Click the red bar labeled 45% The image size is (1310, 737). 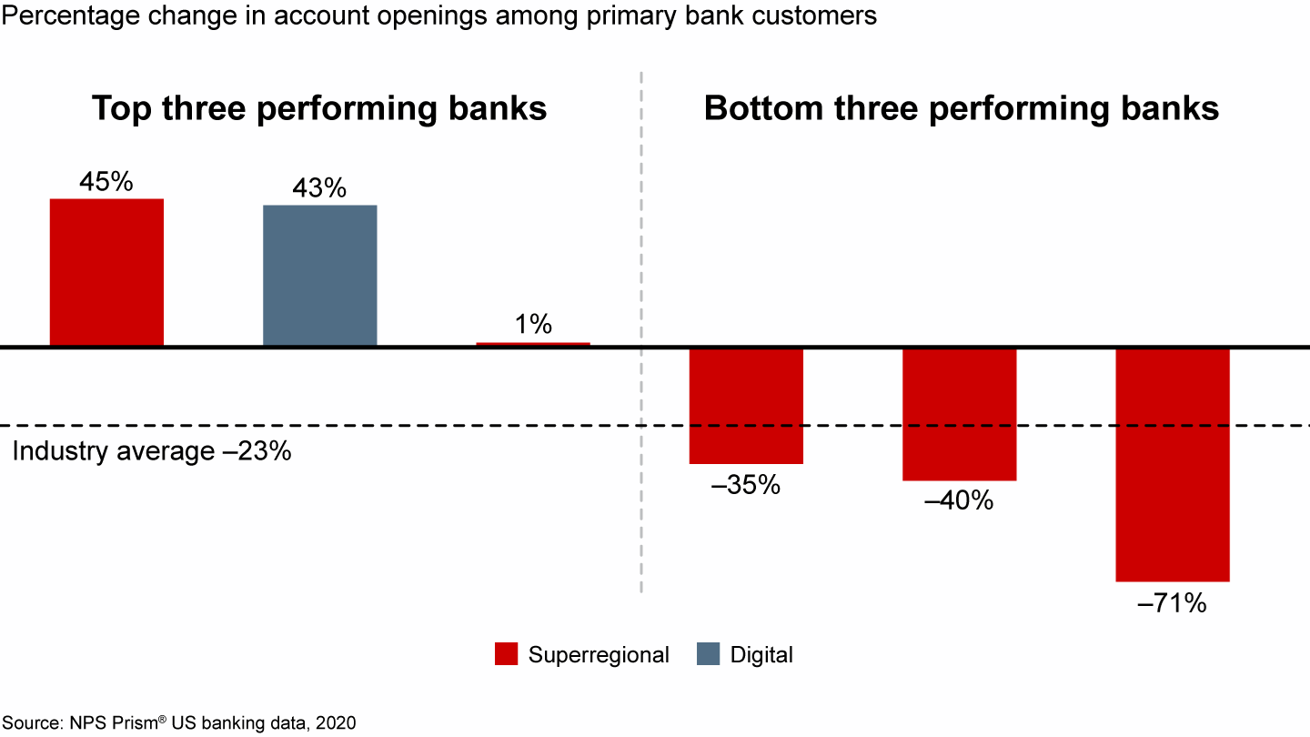(x=106, y=272)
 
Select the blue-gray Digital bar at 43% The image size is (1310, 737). (x=320, y=276)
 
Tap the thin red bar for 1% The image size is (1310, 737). (x=533, y=344)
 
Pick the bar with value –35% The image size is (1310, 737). (x=746, y=407)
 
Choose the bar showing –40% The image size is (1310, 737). (x=960, y=415)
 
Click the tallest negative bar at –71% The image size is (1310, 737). (x=1173, y=465)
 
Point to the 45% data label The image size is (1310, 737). (x=106, y=181)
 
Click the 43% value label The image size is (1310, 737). (x=319, y=187)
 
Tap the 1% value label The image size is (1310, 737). (x=533, y=324)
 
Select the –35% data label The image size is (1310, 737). (x=746, y=484)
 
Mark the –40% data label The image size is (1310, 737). (x=959, y=500)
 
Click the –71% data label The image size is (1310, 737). (x=1172, y=602)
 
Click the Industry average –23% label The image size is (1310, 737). (x=151, y=451)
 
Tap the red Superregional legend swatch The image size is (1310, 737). (x=506, y=654)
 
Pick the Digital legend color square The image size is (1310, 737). (x=708, y=654)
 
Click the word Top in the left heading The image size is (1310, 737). (x=121, y=109)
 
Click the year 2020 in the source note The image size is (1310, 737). (x=336, y=723)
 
